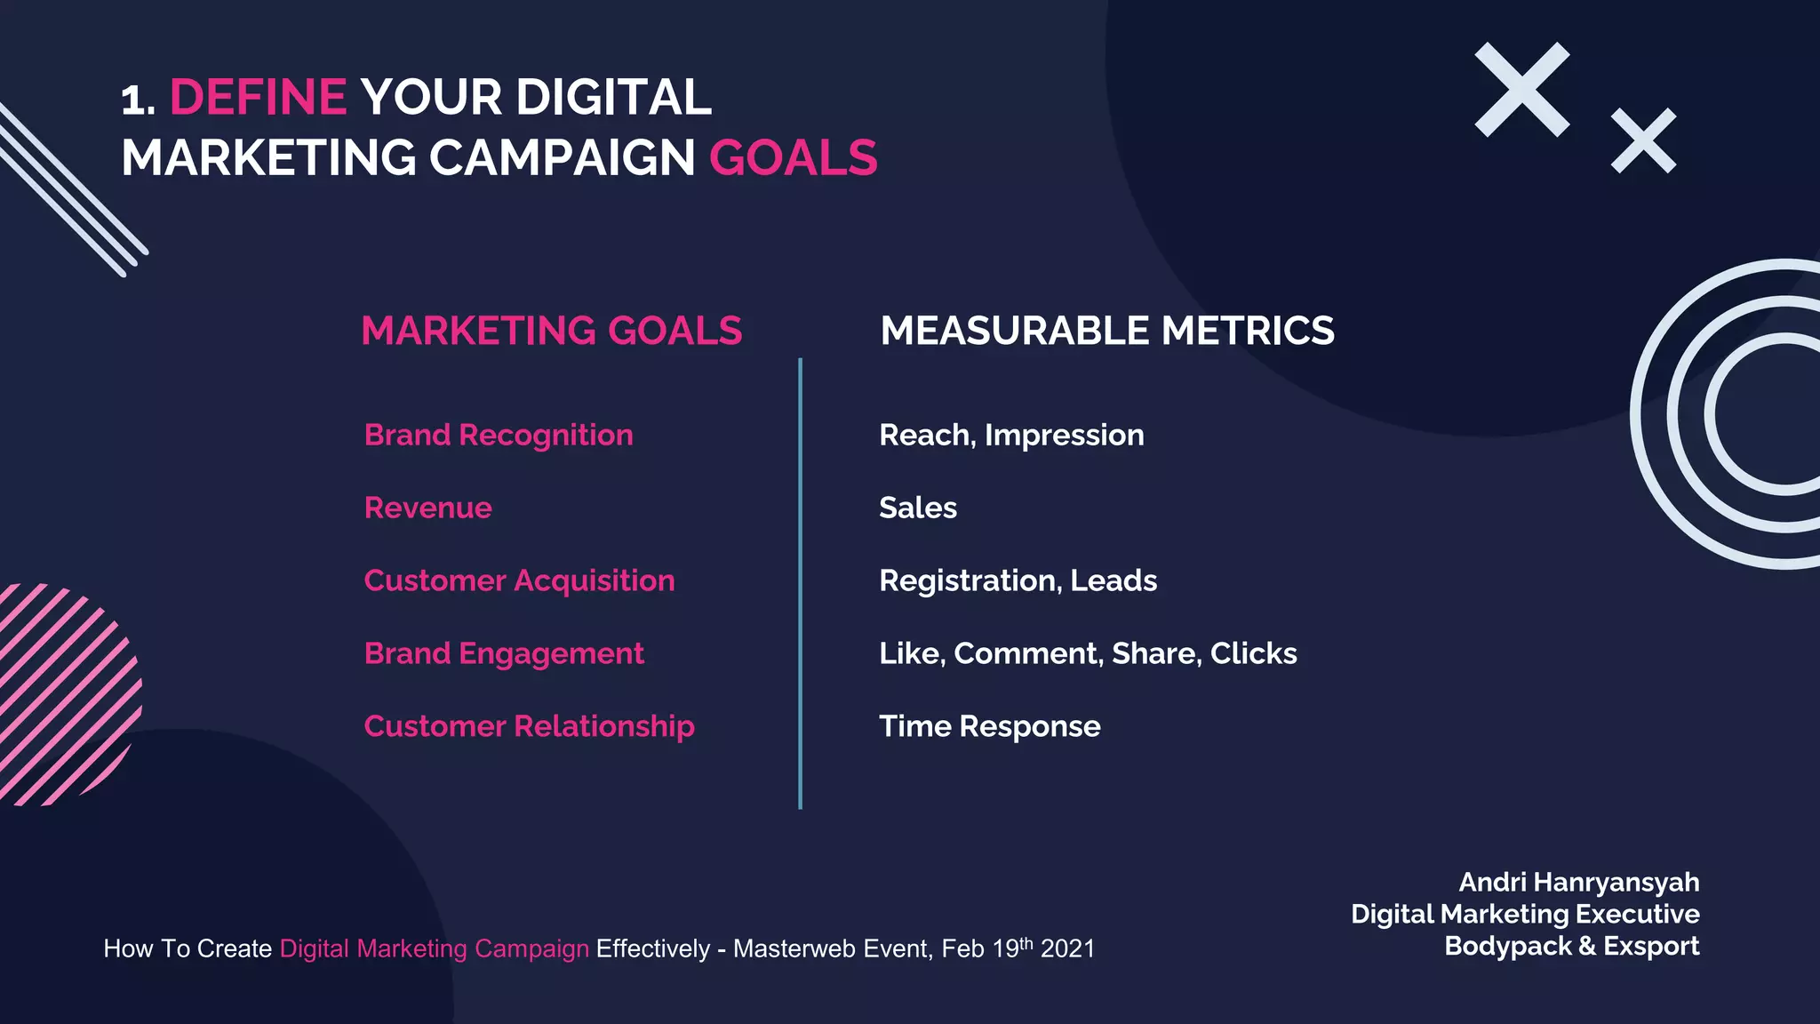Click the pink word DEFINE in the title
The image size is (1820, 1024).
pos(258,97)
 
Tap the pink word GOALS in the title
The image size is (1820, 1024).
pos(793,158)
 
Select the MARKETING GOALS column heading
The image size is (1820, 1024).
pos(551,331)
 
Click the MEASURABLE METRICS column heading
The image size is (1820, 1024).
pos(1106,331)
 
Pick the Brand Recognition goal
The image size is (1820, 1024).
pos(499,435)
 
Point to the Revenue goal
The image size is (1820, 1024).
pos(427,508)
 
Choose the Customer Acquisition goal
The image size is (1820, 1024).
pos(519,580)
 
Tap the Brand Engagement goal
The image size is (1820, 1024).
pos(504,653)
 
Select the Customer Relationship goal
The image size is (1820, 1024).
pos(529,726)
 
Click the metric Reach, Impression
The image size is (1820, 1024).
pos(1011,435)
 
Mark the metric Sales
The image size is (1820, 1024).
pos(917,508)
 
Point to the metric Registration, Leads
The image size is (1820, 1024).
pos(1018,580)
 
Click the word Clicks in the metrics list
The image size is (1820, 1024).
pos(1253,653)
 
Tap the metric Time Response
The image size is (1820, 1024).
pos(989,726)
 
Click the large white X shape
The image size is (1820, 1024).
pos(1521,90)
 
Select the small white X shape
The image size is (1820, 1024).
pos(1643,140)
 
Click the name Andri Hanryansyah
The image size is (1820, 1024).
pos(1578,882)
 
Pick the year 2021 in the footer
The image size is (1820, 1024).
pos(1067,949)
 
